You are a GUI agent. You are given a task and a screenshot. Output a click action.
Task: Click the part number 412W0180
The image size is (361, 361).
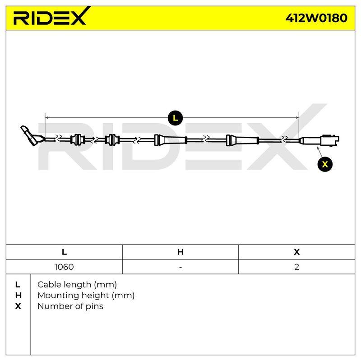[x=316, y=18]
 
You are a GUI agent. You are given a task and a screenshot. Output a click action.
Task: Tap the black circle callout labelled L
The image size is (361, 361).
[x=175, y=118]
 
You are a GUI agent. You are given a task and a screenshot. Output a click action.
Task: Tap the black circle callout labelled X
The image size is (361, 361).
[x=325, y=164]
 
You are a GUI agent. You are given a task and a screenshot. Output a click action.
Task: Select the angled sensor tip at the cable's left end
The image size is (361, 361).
[x=32, y=135]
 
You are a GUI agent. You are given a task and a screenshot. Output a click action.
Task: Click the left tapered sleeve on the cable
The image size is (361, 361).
[x=171, y=140]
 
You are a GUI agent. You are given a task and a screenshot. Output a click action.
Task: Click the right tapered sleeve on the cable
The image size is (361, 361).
[x=242, y=140]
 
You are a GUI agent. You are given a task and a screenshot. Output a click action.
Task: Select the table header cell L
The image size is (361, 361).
[x=64, y=252]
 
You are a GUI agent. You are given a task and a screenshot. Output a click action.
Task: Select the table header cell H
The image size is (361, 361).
[x=180, y=252]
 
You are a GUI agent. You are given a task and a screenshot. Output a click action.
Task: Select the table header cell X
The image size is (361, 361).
[x=297, y=252]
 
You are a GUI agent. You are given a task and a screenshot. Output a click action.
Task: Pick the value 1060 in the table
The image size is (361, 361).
[x=64, y=267]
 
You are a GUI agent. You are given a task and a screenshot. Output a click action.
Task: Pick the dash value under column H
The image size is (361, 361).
[x=180, y=267]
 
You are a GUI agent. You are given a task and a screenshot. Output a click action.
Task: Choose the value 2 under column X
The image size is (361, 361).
[x=297, y=267]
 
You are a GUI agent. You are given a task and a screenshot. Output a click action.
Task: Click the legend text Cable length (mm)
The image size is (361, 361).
[x=77, y=285]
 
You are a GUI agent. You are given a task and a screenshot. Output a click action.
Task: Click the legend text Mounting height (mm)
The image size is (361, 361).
[x=86, y=296]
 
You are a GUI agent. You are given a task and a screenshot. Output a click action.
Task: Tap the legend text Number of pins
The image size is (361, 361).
[x=70, y=306]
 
